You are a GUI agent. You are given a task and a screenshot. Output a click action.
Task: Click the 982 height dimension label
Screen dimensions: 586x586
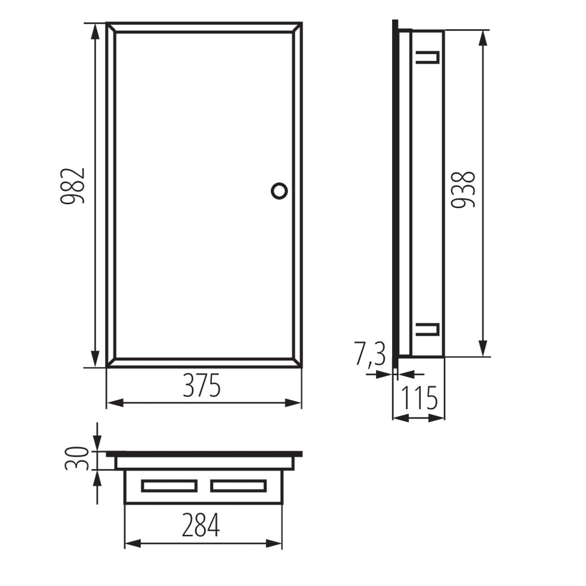(x=72, y=186)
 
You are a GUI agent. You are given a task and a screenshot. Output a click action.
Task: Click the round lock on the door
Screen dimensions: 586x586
(x=279, y=190)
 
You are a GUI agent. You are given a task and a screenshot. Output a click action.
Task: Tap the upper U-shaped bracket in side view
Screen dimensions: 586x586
(x=428, y=58)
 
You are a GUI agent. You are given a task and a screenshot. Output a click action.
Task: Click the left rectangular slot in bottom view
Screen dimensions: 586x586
(x=169, y=485)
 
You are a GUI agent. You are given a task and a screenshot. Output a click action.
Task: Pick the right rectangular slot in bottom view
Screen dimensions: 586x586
(x=238, y=485)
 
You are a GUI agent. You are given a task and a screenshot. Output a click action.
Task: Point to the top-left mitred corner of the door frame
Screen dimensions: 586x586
(x=111, y=27)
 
